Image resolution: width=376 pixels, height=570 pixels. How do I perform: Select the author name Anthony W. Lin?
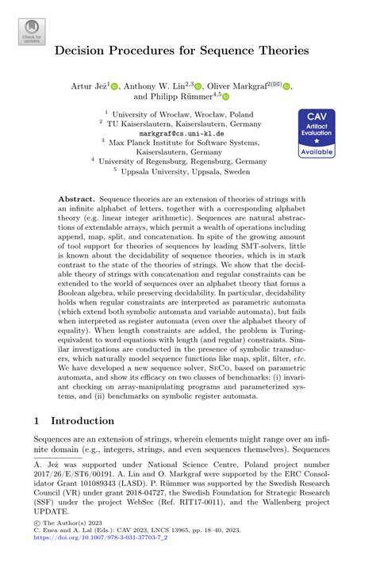(158, 85)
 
